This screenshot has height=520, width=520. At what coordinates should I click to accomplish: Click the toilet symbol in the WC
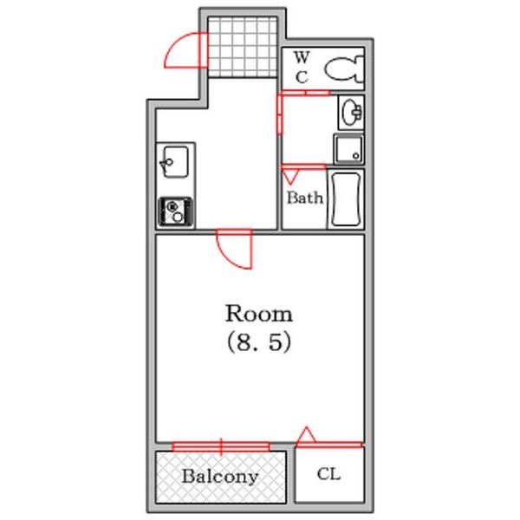343,69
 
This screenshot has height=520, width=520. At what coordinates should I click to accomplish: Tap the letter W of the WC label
302,57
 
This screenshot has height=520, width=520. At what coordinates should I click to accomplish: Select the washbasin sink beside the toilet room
351,112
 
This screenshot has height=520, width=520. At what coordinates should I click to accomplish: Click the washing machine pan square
348,149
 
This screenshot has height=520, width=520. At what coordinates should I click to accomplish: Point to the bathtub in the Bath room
346,199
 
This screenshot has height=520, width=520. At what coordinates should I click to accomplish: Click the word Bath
305,198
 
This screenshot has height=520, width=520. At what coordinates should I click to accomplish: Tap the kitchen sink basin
175,162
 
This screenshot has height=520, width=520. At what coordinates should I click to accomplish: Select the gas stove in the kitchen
175,212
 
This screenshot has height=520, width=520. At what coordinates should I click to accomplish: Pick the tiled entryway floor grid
243,47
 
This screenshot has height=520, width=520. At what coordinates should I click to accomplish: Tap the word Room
258,314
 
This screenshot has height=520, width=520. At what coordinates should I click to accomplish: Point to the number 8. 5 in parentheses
259,342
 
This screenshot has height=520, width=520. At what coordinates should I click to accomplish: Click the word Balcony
220,477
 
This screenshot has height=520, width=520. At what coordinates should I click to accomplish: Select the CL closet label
328,474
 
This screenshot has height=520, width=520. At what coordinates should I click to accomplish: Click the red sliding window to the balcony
221,446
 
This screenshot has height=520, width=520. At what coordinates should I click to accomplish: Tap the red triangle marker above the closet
306,435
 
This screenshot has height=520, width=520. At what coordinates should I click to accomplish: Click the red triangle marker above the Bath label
291,176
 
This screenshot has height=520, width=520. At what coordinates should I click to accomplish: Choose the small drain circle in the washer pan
356,155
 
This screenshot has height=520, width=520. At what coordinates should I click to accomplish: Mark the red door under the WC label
305,93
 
